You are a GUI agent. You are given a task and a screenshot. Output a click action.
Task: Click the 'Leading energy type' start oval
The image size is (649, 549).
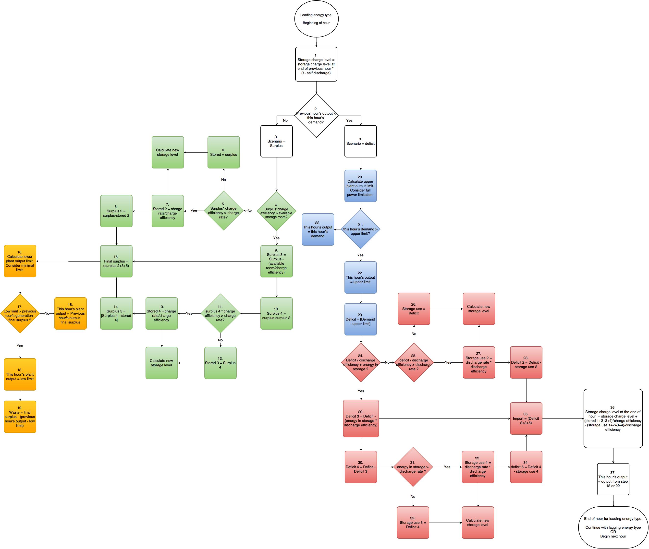click(316, 19)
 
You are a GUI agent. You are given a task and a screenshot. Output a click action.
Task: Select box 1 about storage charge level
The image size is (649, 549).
click(316, 64)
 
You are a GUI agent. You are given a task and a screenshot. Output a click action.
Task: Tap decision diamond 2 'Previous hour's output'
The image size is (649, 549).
click(316, 116)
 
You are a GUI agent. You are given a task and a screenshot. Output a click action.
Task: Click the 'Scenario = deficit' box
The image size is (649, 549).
click(360, 141)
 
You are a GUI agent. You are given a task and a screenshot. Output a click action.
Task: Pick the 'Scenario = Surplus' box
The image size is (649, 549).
click(276, 141)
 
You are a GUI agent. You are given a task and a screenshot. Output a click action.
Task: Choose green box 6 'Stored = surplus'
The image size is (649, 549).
click(224, 152)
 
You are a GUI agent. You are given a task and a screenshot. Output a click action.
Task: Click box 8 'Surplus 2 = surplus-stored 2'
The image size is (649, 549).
click(116, 211)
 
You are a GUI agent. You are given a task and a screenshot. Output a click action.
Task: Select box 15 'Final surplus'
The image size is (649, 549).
click(116, 261)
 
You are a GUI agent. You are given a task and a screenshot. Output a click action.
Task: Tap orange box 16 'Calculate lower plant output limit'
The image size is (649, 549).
click(20, 261)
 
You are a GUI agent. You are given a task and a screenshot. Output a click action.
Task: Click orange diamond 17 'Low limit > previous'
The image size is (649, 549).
click(20, 313)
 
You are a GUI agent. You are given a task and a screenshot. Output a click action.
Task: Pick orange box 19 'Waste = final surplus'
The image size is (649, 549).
click(20, 417)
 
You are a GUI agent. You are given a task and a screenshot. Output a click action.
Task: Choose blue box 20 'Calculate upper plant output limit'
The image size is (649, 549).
click(360, 186)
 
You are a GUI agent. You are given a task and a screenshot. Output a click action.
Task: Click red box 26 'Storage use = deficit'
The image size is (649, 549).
click(414, 309)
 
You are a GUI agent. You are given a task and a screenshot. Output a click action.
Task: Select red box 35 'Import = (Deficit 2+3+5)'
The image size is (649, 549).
click(526, 418)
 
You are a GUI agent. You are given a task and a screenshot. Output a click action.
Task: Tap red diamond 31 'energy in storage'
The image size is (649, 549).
click(413, 467)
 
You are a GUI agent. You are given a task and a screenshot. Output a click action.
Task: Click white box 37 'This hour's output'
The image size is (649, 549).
click(613, 479)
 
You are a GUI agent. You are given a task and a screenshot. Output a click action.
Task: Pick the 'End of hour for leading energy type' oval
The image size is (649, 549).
click(613, 527)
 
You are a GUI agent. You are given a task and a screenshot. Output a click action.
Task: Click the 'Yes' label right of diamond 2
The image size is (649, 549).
click(349, 120)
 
